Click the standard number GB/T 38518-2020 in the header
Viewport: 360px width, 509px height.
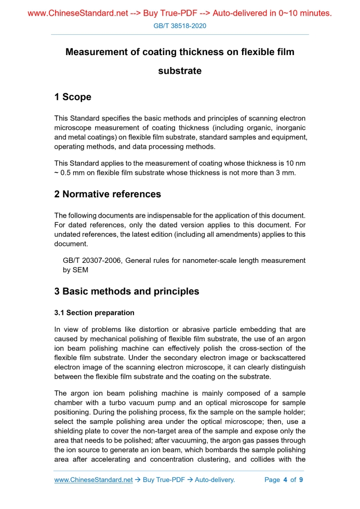[180, 25]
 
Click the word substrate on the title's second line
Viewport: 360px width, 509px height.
[180, 71]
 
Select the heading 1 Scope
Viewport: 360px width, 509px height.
[73, 97]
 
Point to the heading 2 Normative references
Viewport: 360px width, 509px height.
[108, 194]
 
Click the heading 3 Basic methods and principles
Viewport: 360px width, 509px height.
[126, 291]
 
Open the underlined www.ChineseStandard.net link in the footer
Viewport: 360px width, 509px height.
[94, 480]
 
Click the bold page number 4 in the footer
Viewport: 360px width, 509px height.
[285, 480]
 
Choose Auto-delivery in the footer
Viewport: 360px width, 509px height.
[214, 480]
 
